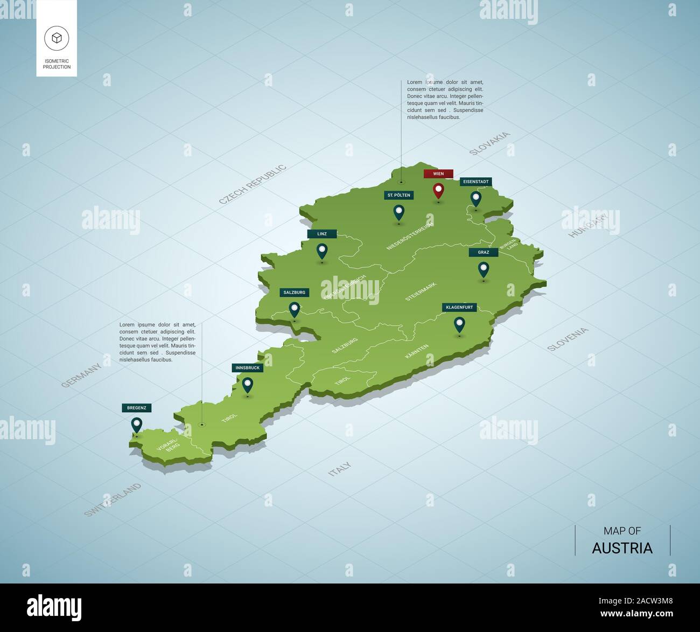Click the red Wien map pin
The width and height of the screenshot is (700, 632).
click(x=438, y=190)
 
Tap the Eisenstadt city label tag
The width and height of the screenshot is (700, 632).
click(x=476, y=182)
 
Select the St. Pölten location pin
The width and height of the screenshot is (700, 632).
click(x=398, y=212)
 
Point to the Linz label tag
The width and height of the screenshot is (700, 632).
click(x=322, y=234)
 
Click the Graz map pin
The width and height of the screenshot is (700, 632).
click(x=484, y=269)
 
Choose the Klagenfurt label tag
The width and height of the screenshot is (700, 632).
click(x=459, y=307)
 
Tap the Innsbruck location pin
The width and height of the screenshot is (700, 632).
click(x=247, y=384)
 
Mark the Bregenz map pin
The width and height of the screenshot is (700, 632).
click(x=137, y=425)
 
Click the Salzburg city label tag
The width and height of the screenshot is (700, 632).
click(x=294, y=293)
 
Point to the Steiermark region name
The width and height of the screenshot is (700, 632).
click(x=421, y=291)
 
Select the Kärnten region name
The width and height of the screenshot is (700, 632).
click(x=417, y=351)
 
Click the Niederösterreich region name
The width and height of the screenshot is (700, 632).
click(x=410, y=237)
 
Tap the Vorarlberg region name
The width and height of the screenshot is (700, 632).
click(x=167, y=443)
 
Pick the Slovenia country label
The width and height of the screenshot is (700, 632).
click(x=568, y=339)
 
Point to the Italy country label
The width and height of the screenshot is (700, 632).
click(x=339, y=469)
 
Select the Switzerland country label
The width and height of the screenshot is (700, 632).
click(x=113, y=499)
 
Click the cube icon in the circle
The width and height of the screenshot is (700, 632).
click(x=57, y=37)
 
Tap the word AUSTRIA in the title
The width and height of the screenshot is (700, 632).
click(x=622, y=548)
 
